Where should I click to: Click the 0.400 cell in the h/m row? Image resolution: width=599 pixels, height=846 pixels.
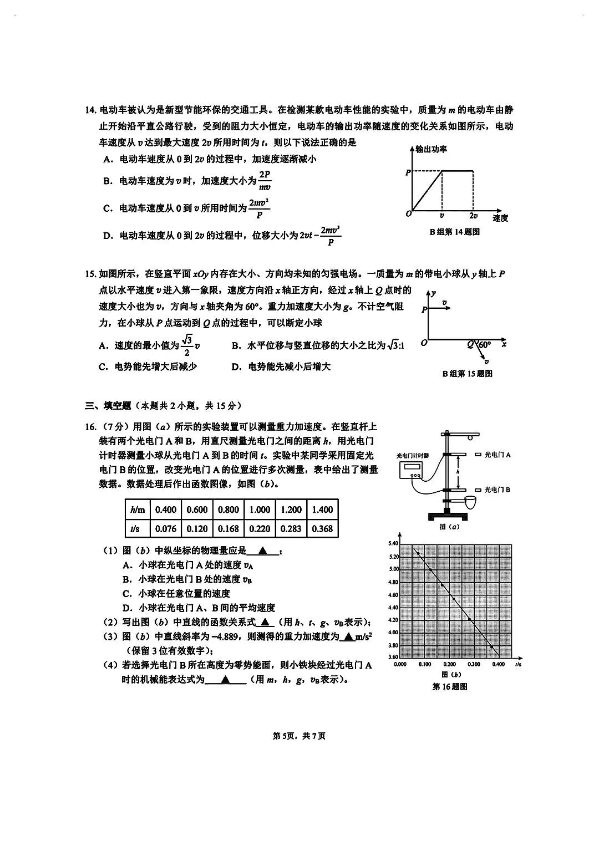(166, 509)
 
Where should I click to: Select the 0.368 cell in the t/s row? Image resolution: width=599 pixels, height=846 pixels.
(322, 529)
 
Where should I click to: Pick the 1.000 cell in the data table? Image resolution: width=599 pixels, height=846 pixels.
(260, 509)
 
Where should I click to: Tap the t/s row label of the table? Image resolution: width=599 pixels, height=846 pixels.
(135, 529)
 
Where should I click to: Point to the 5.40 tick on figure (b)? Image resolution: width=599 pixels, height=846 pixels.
(393, 543)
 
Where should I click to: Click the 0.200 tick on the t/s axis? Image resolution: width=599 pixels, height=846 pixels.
(449, 664)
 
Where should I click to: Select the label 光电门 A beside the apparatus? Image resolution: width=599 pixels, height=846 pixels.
(498, 455)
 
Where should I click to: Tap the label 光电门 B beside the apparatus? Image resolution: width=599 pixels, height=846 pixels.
(498, 490)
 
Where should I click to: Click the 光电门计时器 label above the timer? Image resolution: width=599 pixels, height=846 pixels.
(413, 455)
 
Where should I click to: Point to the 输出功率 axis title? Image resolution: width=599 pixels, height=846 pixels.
(432, 149)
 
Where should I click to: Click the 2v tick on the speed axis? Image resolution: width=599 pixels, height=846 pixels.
(473, 216)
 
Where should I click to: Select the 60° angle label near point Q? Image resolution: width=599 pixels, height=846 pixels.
(485, 344)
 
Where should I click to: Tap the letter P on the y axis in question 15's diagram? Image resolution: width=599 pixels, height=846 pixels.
(424, 310)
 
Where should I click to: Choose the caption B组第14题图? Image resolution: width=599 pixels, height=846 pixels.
(454, 232)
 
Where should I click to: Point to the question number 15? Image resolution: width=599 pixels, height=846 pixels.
(90, 274)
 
